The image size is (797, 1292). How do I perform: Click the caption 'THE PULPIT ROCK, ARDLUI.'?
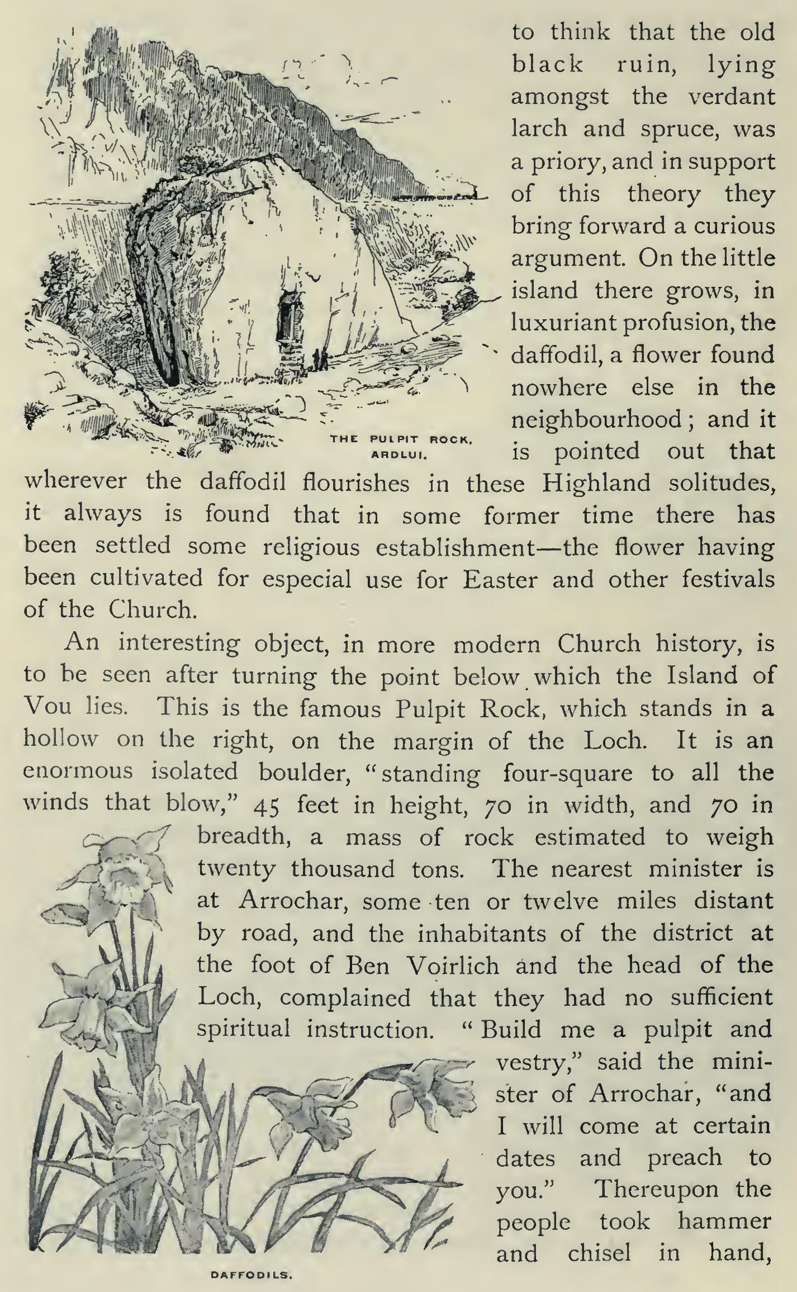(x=402, y=445)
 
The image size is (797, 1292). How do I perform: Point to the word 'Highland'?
(x=596, y=482)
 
